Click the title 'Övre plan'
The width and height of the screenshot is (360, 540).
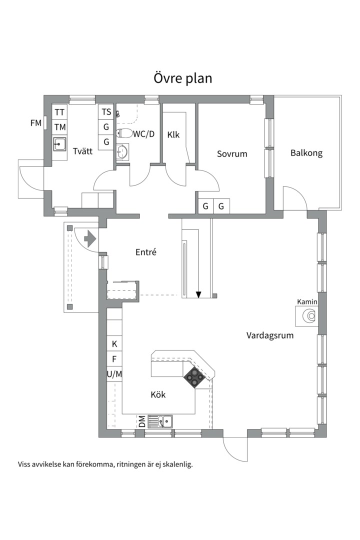pyautogui.click(x=182, y=78)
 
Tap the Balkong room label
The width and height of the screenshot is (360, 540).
pyautogui.click(x=306, y=153)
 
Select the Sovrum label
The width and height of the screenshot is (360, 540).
pyautogui.click(x=232, y=153)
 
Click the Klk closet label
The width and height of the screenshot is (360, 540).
pyautogui.click(x=173, y=134)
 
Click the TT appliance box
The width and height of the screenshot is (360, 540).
pyautogui.click(x=59, y=111)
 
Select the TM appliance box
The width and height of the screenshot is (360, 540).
pyautogui.click(x=59, y=127)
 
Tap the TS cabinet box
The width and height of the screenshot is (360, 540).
pyautogui.click(x=106, y=111)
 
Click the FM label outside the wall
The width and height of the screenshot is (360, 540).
pyautogui.click(x=35, y=122)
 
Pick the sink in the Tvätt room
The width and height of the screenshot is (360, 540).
pyautogui.click(x=59, y=144)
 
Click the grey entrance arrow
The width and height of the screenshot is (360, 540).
pyautogui.click(x=89, y=238)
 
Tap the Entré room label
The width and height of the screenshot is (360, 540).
pyautogui.click(x=146, y=252)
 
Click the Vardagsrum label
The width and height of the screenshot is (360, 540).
pyautogui.click(x=269, y=335)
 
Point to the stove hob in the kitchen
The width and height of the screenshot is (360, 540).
pyautogui.click(x=193, y=377)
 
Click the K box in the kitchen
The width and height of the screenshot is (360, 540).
pyautogui.click(x=114, y=344)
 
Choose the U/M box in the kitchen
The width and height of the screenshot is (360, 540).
pyautogui.click(x=114, y=373)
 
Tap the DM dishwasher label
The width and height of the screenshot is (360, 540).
pyautogui.click(x=142, y=421)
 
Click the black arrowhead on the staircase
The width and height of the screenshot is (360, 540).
pyautogui.click(x=198, y=294)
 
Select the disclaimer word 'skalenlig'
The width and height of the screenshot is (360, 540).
pyautogui.click(x=174, y=464)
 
